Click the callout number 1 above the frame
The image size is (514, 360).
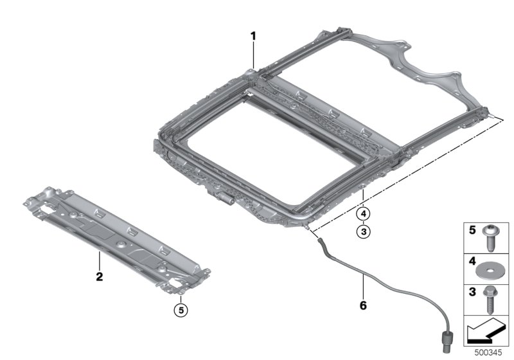click(253, 37)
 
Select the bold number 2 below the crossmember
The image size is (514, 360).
click(100, 278)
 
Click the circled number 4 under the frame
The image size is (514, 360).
click(363, 213)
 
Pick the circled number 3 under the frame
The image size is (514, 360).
click(363, 231)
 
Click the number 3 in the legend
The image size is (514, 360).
click(471, 292)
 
